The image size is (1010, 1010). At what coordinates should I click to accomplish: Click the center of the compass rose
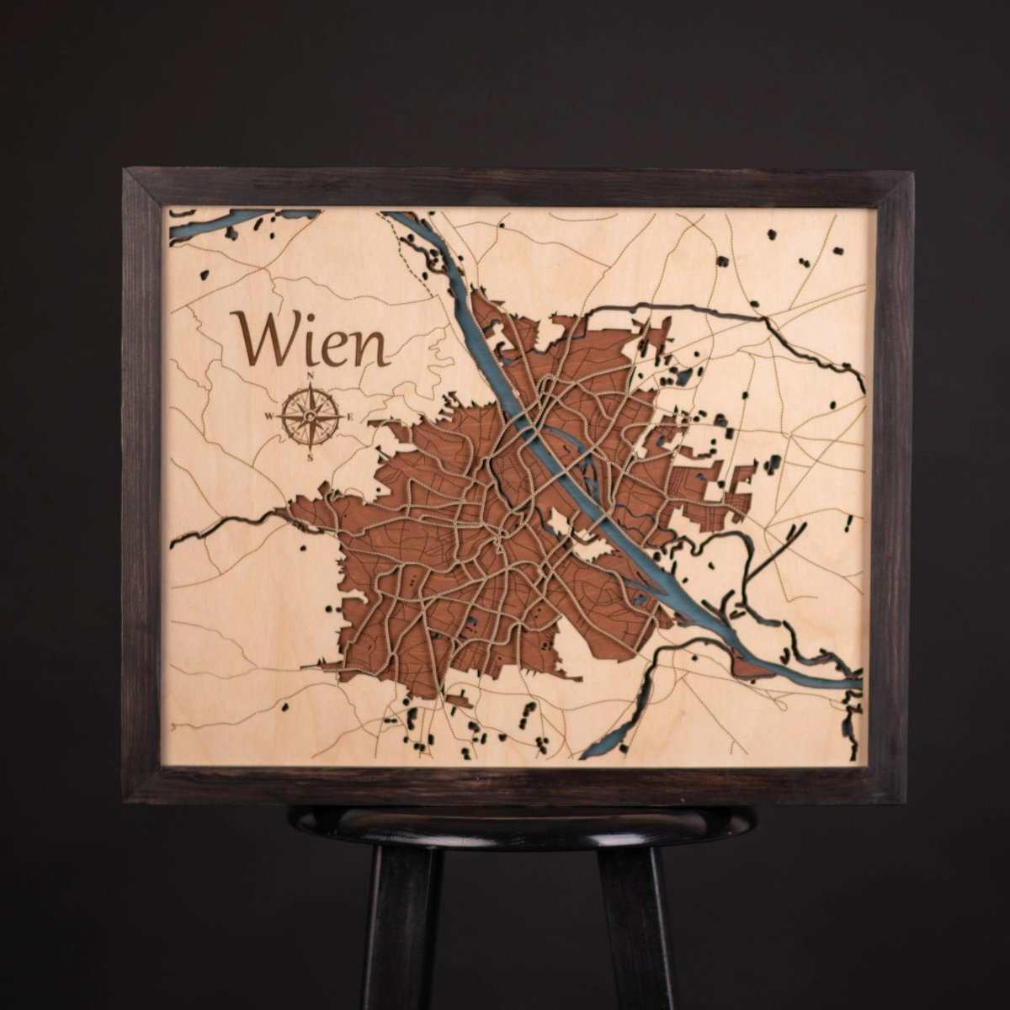click(311, 416)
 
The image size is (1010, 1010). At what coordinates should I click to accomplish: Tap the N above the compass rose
click(311, 376)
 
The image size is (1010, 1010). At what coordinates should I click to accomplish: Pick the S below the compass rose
click(311, 456)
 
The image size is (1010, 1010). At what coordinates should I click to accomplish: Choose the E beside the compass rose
click(351, 417)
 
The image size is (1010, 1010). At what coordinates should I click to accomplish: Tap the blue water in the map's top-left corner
click(210, 224)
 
